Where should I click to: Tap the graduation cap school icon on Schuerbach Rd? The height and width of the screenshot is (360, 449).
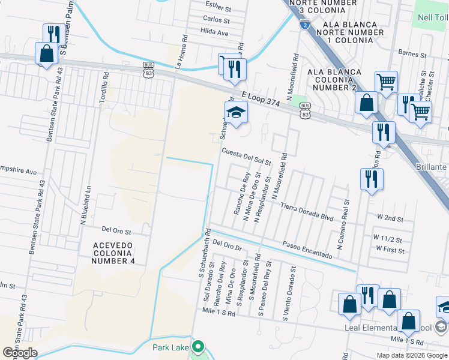[x=236, y=112]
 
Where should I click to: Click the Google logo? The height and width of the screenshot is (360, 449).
[x=20, y=352]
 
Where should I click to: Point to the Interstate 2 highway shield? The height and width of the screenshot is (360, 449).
[x=305, y=25]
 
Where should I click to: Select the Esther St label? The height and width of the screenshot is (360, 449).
[x=218, y=8]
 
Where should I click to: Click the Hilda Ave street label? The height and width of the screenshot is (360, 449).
[x=215, y=31]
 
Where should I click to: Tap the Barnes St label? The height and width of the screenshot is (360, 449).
[x=412, y=53]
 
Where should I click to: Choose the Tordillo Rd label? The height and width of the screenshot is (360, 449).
[x=106, y=86]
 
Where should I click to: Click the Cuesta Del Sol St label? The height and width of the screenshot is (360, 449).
[x=247, y=157]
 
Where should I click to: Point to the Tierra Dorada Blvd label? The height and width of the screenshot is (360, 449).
[x=306, y=212]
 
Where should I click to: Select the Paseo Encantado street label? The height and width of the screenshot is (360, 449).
[x=307, y=250]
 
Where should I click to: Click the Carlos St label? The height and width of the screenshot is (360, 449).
[x=217, y=20]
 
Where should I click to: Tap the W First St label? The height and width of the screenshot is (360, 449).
[x=390, y=249]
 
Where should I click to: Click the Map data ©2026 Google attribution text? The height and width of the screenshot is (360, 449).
[x=412, y=355]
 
